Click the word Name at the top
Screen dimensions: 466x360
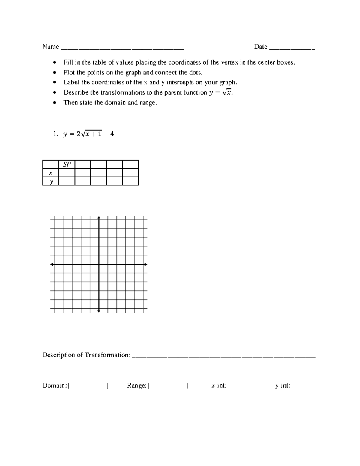(x=50, y=47)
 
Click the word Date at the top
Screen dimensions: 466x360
(x=260, y=47)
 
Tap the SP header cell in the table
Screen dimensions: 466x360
(x=67, y=164)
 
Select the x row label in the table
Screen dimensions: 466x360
(x=51, y=173)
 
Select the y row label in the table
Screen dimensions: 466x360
(x=51, y=182)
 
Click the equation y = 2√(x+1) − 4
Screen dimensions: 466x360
(x=88, y=134)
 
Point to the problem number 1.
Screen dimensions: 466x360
(x=55, y=134)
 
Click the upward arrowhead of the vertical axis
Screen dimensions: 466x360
(x=99, y=217)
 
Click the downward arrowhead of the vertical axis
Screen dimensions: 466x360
(x=99, y=311)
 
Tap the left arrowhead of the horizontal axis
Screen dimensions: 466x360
(x=52, y=264)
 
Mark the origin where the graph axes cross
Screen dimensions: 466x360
(x=99, y=264)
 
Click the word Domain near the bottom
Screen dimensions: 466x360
(x=55, y=386)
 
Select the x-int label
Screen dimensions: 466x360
(x=219, y=386)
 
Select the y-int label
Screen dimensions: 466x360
(x=283, y=386)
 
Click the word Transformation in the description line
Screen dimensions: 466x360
(x=107, y=355)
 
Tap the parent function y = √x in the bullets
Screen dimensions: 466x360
(x=220, y=92)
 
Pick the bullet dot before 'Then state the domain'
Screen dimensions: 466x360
(x=54, y=103)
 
